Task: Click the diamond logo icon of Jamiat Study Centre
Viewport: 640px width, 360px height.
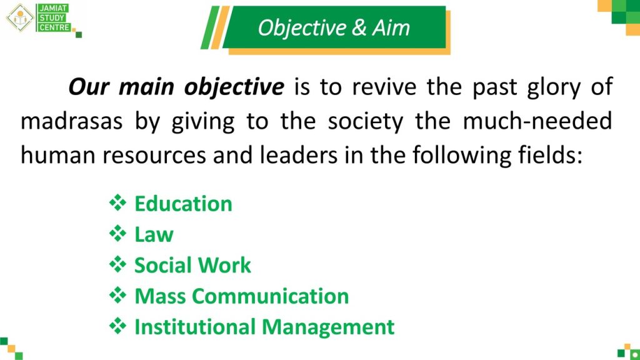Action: point(19,17)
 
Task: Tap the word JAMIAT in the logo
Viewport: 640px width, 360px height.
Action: point(54,8)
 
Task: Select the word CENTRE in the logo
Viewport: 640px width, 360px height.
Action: point(55,27)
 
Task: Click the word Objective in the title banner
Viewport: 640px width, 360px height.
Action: point(302,29)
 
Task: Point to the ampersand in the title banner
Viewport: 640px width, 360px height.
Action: point(359,27)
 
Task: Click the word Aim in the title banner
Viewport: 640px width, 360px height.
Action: point(391,27)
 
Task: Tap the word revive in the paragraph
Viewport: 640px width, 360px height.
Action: point(384,87)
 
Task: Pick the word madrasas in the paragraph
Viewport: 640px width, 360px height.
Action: point(71,121)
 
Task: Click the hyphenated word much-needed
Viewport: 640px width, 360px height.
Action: point(537,121)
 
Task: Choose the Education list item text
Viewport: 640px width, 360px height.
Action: point(183,204)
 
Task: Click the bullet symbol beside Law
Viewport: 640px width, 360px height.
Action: point(117,234)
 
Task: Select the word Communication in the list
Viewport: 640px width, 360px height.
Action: point(270,296)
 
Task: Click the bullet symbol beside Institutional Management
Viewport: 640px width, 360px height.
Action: point(117,326)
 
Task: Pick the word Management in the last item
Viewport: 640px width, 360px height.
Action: point(327,327)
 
